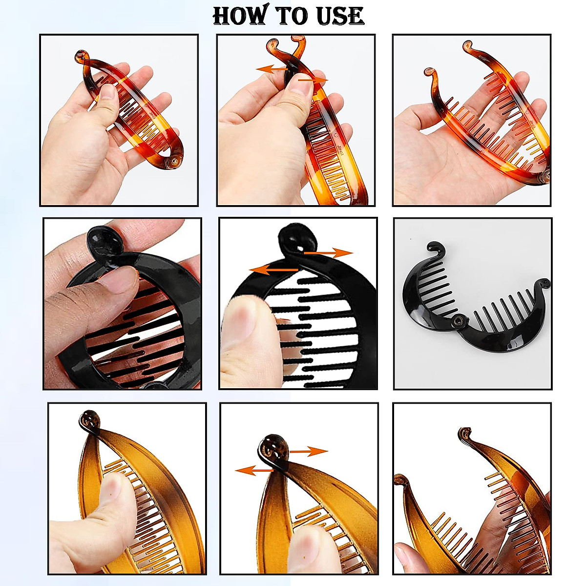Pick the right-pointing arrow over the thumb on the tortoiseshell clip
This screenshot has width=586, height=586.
(313, 80)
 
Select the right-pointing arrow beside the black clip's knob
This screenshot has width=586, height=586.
(329, 252)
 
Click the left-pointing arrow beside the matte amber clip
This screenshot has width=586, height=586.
(255, 471)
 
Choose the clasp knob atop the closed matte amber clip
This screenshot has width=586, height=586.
(90, 419)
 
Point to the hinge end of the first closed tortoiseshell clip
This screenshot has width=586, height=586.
(174, 162)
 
